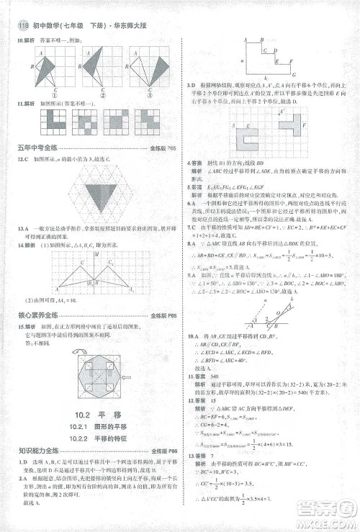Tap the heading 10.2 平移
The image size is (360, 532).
[x=89, y=414]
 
